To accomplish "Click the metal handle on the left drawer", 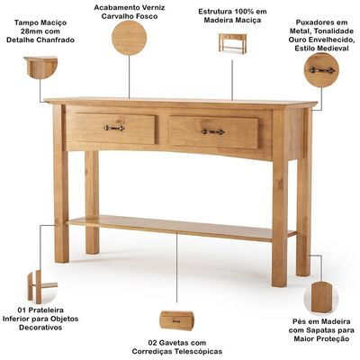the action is pos(114,128).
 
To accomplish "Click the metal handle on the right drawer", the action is pos(212,131).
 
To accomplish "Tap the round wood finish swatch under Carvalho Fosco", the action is pos(130,38).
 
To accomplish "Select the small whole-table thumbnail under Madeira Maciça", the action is pos(232,43).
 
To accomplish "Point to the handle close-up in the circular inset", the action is pos(322,70).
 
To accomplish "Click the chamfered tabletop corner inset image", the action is pos(40,67).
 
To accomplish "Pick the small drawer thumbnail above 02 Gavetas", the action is pos(176,320).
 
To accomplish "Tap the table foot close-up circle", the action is pos(321,297).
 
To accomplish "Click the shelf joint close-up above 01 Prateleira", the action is pos(41,287).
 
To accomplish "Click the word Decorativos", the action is pos(40,328).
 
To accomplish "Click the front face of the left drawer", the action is pos(115,129).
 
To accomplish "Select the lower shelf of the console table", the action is pos(181,227).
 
